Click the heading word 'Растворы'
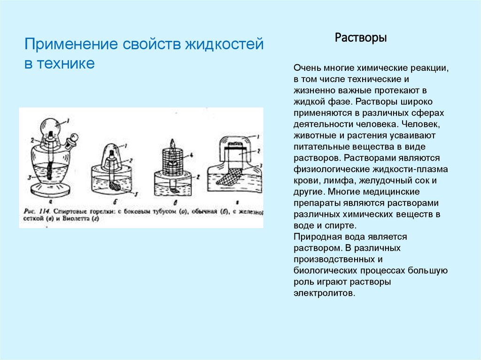361,38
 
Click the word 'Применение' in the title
70,46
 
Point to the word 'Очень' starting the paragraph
306,68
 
